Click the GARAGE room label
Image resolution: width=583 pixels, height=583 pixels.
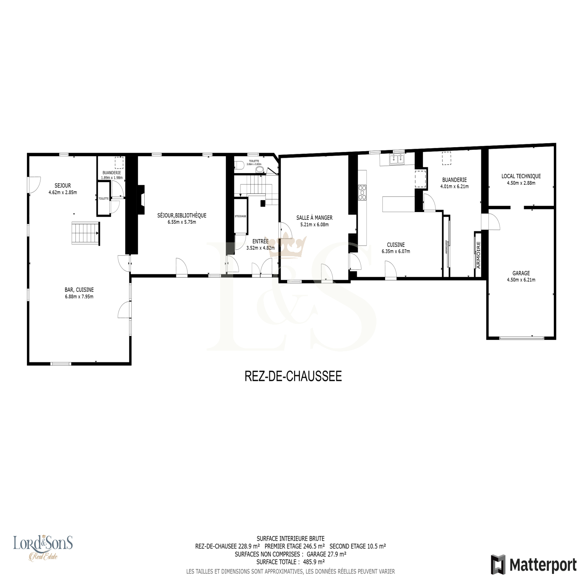pyautogui.click(x=521, y=273)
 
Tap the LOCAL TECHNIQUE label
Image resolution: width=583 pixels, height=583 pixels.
pyautogui.click(x=521, y=176)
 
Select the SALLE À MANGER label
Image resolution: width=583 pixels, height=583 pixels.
pyautogui.click(x=314, y=218)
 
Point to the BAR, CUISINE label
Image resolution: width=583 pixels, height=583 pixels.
pyautogui.click(x=79, y=290)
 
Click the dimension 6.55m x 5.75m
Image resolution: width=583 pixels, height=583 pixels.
pyautogui.click(x=182, y=222)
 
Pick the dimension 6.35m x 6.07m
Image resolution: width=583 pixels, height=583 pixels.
pyautogui.click(x=396, y=251)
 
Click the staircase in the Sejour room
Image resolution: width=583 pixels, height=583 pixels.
pyautogui.click(x=85, y=233)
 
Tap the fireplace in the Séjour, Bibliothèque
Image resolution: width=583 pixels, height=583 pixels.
pyautogui.click(x=141, y=200)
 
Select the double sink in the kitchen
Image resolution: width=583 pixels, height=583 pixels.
pyautogui.click(x=396, y=159)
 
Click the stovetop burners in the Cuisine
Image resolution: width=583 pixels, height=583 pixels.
pyautogui.click(x=363, y=192)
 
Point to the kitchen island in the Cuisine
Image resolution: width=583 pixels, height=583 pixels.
pyautogui.click(x=399, y=204)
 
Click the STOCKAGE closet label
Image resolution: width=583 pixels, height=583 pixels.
pyautogui.click(x=240, y=216)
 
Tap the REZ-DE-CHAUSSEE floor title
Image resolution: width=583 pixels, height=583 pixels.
pyautogui.click(x=293, y=376)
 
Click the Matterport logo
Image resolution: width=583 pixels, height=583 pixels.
pyautogui.click(x=534, y=565)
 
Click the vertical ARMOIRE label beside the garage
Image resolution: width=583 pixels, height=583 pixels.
pyautogui.click(x=478, y=255)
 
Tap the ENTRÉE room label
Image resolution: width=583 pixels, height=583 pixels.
pyautogui.click(x=260, y=241)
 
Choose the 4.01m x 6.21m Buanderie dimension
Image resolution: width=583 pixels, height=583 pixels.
pyautogui.click(x=454, y=187)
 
